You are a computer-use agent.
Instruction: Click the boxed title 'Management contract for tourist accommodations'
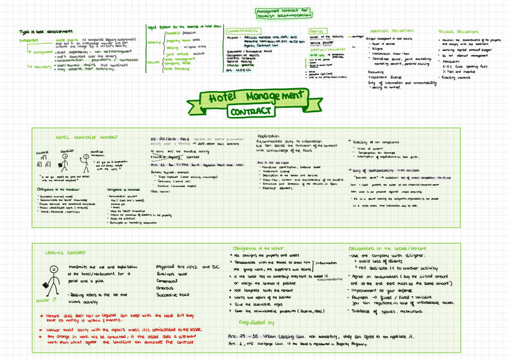pyautogui.click(x=283, y=13)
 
